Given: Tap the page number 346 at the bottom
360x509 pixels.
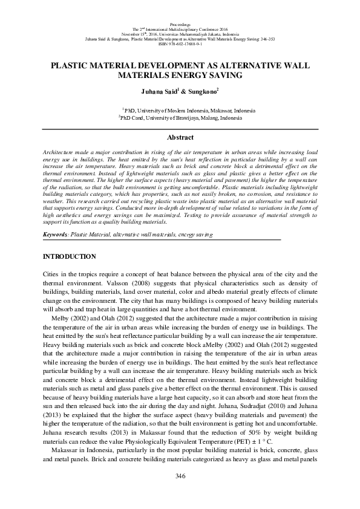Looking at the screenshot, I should pos(180,476).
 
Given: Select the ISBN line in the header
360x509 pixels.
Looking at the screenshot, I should pos(180,44).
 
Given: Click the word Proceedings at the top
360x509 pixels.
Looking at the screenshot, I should pos(180,23).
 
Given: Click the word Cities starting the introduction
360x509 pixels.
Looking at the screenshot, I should pos(51,274).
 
